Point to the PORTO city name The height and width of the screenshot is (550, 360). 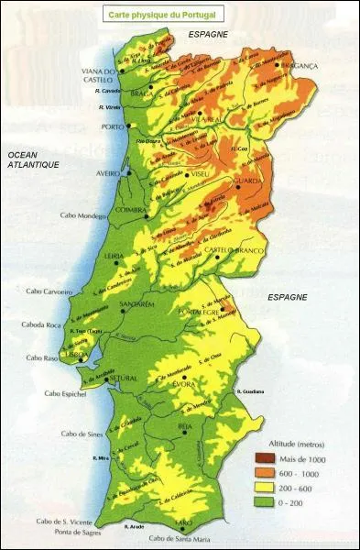[x=112, y=126]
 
